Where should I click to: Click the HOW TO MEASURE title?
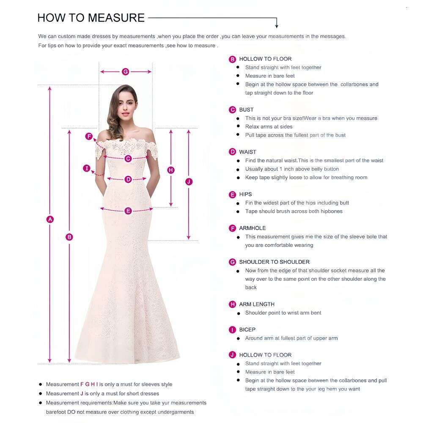[91, 18]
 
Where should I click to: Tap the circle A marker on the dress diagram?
[50, 219]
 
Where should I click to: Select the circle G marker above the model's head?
[125, 71]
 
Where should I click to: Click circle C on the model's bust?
[128, 159]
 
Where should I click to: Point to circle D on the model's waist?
[128, 179]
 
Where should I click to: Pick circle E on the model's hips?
[128, 211]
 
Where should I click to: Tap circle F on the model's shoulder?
[89, 136]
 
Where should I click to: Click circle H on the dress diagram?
[171, 170]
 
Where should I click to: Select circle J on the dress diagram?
[189, 181]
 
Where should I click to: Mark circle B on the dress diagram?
[69, 237]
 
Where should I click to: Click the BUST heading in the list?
[246, 110]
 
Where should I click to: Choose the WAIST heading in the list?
[247, 152]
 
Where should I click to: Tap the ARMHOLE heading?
[253, 228]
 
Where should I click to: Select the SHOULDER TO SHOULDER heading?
[274, 262]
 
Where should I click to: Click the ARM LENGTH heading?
[257, 304]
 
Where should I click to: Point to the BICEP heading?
[247, 330]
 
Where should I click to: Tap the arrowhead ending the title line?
[277, 26]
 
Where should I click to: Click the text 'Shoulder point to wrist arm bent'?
[283, 313]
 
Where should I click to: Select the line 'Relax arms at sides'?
[269, 126]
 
